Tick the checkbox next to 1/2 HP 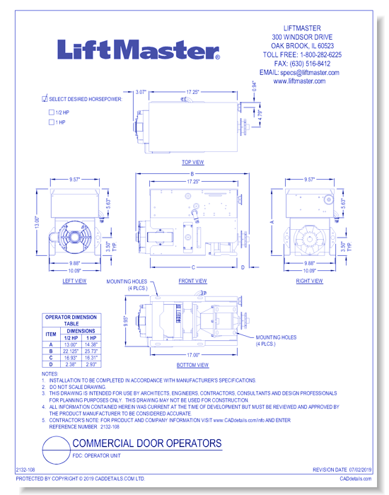tap(51, 112)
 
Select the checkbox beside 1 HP tap(51, 122)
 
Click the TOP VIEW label tap(192, 162)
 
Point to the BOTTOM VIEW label tap(192, 365)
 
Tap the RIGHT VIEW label tap(309, 281)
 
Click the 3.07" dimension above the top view tap(140, 92)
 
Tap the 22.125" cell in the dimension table tap(69, 351)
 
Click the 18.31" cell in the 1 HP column tap(89, 359)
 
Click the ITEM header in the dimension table tap(50, 334)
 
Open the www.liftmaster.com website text tap(299, 81)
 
